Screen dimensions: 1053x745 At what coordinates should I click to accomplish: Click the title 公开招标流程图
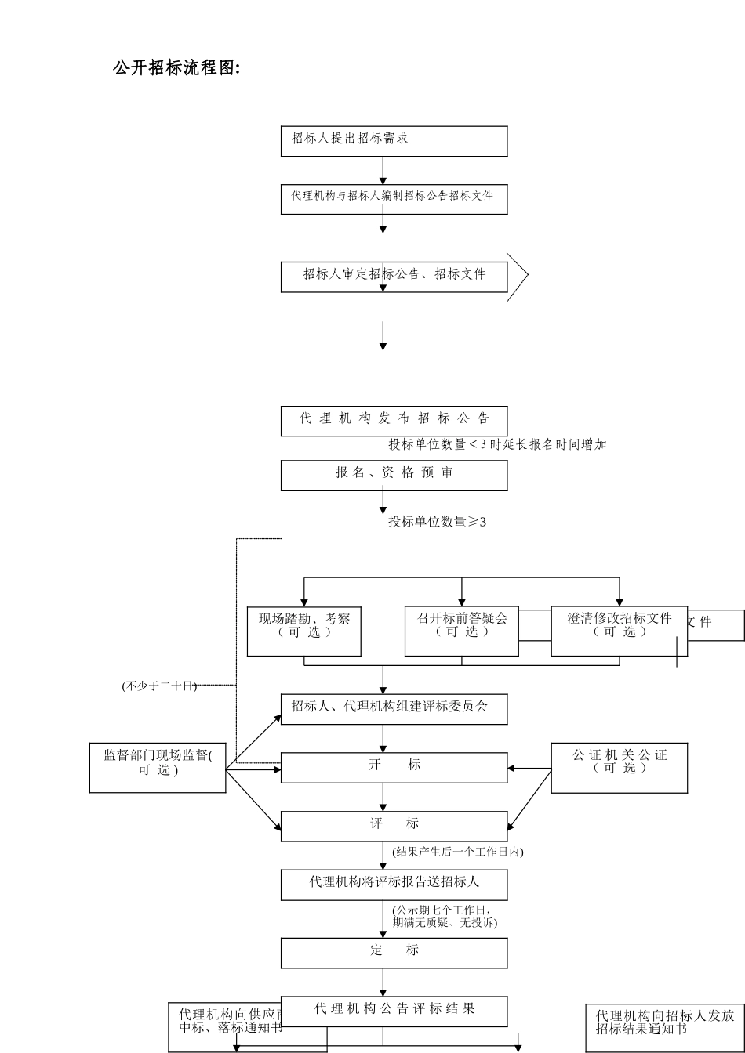(176, 68)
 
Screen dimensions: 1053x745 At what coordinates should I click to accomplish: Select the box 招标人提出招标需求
(394, 141)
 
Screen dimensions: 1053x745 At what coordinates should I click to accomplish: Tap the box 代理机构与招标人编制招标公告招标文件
(394, 199)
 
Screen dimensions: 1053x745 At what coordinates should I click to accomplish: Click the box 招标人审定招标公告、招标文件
(394, 277)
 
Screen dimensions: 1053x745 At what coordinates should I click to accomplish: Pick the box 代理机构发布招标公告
(394, 421)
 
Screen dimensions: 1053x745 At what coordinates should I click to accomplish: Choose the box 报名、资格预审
(394, 475)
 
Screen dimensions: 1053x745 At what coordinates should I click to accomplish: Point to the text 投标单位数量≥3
(438, 522)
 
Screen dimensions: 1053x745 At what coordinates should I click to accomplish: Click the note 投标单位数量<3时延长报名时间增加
(497, 444)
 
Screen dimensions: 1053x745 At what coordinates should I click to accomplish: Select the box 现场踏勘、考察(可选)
(303, 631)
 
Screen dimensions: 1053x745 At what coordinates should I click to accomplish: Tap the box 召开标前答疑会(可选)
(461, 631)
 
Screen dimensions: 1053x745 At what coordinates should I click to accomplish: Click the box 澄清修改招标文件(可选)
(619, 631)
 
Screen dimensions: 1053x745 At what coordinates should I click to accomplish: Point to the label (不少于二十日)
(159, 686)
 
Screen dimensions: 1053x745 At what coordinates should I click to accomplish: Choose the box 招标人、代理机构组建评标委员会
(394, 709)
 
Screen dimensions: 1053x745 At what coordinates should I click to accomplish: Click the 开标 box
(394, 767)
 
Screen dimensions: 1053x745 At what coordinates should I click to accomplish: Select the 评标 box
(394, 826)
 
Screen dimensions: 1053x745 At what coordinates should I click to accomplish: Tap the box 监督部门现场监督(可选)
(158, 767)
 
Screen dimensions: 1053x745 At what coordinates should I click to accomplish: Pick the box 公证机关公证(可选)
(619, 767)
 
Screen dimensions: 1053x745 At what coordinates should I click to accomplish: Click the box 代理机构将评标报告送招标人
(394, 885)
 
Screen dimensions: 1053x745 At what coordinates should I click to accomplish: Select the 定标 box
(394, 953)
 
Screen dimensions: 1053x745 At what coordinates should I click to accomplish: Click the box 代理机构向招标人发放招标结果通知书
(664, 1027)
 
